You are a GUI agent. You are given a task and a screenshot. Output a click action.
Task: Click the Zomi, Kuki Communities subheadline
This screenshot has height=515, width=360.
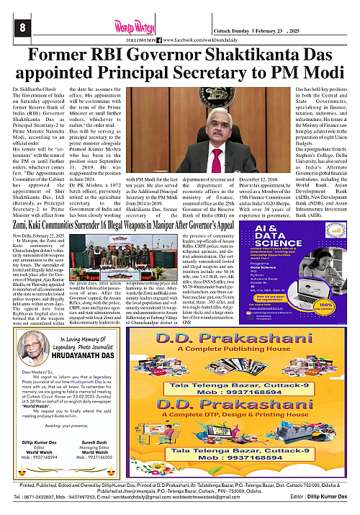coord(58,246)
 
